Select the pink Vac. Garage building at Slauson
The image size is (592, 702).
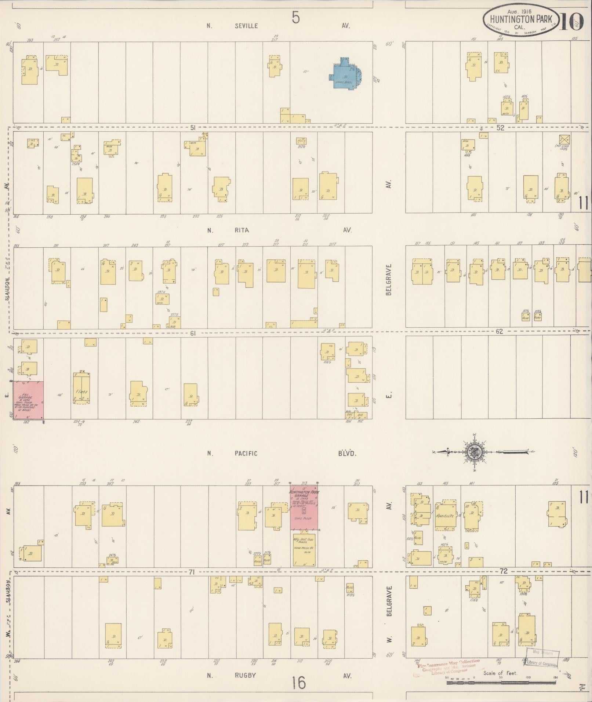(x=28, y=400)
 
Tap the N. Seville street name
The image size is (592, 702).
(x=235, y=26)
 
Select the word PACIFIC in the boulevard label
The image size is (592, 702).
(x=246, y=453)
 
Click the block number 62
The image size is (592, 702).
(x=500, y=331)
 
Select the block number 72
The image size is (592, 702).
(x=504, y=571)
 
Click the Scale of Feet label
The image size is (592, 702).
(x=500, y=673)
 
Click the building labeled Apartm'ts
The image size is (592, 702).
(x=445, y=516)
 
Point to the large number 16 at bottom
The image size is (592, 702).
(x=299, y=683)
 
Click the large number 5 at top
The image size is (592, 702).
(x=296, y=17)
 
